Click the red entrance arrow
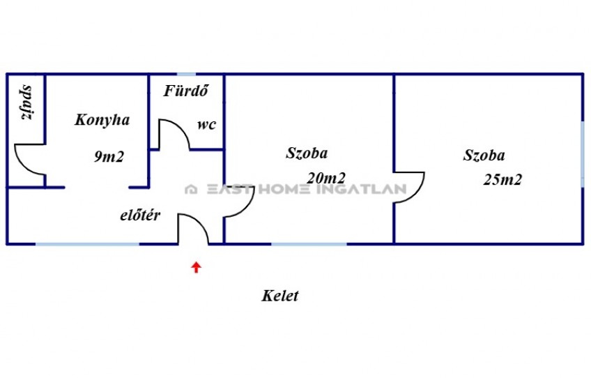pos(196,267)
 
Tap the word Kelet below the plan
pos(280,296)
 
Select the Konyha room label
pos(102,120)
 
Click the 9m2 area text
pos(109,156)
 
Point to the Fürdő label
pos(186,91)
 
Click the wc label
pos(206,125)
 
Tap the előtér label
pos(140,215)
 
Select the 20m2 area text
pos(326,178)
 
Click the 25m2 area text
pos(502,179)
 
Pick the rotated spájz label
pos(26,103)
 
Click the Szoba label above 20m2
pos(307,153)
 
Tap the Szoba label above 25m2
pos(484,155)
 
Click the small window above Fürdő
pos(187,75)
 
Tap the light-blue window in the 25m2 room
pos(583,154)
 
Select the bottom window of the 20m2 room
pos(309,244)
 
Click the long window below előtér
pos(87,244)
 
